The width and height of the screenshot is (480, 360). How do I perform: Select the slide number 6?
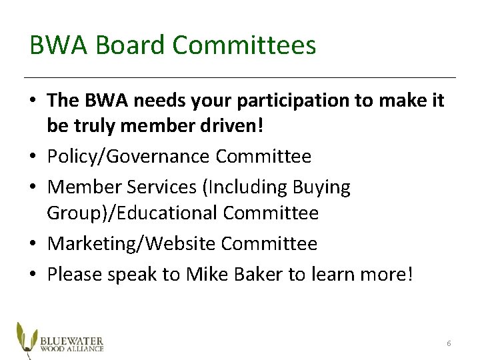pyautogui.click(x=449, y=343)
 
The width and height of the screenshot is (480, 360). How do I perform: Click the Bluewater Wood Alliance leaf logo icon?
pyautogui.click(x=26, y=337)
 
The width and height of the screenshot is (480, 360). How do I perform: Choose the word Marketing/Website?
pyautogui.click(x=132, y=244)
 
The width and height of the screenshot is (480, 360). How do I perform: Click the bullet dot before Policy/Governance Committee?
pyautogui.click(x=33, y=157)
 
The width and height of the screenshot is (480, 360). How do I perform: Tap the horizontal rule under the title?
pyautogui.click(x=240, y=77)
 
